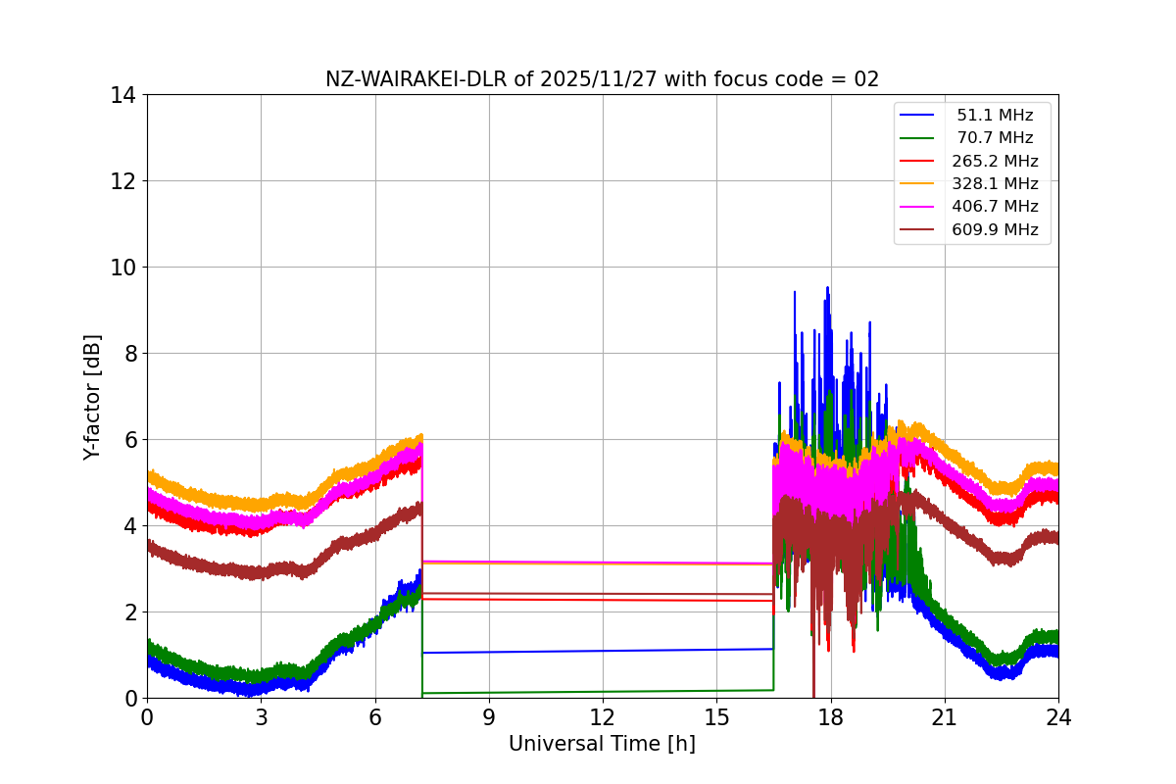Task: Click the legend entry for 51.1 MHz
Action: coord(995,115)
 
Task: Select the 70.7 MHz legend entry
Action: coord(995,138)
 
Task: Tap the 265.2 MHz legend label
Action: coord(995,161)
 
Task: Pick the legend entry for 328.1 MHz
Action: coord(995,183)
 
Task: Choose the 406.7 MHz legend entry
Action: coord(995,207)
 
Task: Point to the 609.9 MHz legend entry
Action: coord(995,230)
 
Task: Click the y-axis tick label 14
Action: coord(122,95)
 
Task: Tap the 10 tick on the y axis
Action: coord(122,268)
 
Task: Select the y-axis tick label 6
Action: coord(129,440)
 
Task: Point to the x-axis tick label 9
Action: coord(489,717)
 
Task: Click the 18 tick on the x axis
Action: coord(831,717)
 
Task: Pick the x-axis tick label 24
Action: coord(1058,717)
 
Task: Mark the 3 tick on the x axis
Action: coord(261,717)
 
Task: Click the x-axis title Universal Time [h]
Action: coord(602,745)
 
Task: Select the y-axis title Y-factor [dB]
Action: coord(92,396)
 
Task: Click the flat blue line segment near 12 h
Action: coord(603,651)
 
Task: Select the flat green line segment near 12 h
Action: coord(603,692)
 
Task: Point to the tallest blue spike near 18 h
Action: coord(828,289)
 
